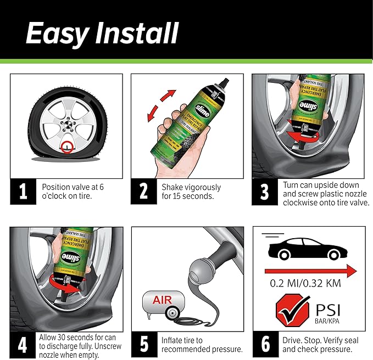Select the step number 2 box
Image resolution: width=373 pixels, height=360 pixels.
(144, 192)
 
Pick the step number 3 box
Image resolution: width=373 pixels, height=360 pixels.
(265, 192)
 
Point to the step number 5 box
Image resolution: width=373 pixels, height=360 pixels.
(144, 344)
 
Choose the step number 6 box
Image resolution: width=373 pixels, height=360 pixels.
(265, 344)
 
